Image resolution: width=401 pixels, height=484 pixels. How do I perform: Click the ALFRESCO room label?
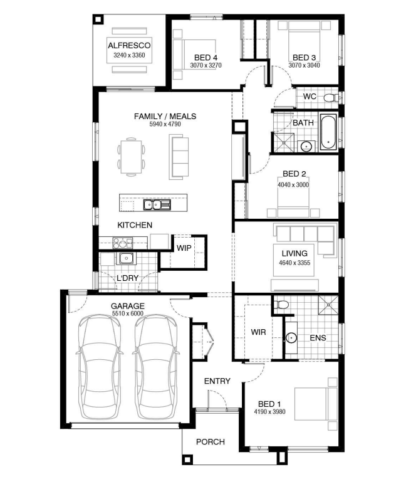tap(129, 46)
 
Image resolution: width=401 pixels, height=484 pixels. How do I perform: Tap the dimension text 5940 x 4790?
tap(165, 124)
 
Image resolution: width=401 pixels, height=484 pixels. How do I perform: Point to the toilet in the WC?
tap(331, 98)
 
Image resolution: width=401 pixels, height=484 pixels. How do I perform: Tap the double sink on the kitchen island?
tap(157, 204)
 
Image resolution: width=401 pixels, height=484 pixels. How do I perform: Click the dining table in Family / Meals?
tap(131, 157)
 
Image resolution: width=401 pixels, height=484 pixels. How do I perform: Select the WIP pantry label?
tap(184, 248)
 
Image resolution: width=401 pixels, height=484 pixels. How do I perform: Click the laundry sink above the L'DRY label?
tap(126, 258)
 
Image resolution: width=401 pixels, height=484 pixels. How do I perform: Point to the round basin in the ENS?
tap(291, 338)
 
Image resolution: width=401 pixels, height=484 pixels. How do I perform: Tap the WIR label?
tap(258, 332)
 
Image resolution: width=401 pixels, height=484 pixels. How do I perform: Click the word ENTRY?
tap(217, 381)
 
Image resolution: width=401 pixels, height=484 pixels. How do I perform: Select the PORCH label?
tap(211, 442)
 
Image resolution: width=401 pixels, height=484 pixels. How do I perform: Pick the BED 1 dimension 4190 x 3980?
tap(269, 412)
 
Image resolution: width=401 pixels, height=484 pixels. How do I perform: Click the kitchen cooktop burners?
tap(122, 243)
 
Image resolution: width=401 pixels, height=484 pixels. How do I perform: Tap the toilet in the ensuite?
tap(281, 305)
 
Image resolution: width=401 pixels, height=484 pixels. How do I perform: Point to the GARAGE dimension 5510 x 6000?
tap(128, 313)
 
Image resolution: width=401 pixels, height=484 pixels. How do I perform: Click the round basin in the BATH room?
tap(306, 146)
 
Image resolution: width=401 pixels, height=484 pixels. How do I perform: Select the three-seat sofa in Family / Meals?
tap(179, 157)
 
